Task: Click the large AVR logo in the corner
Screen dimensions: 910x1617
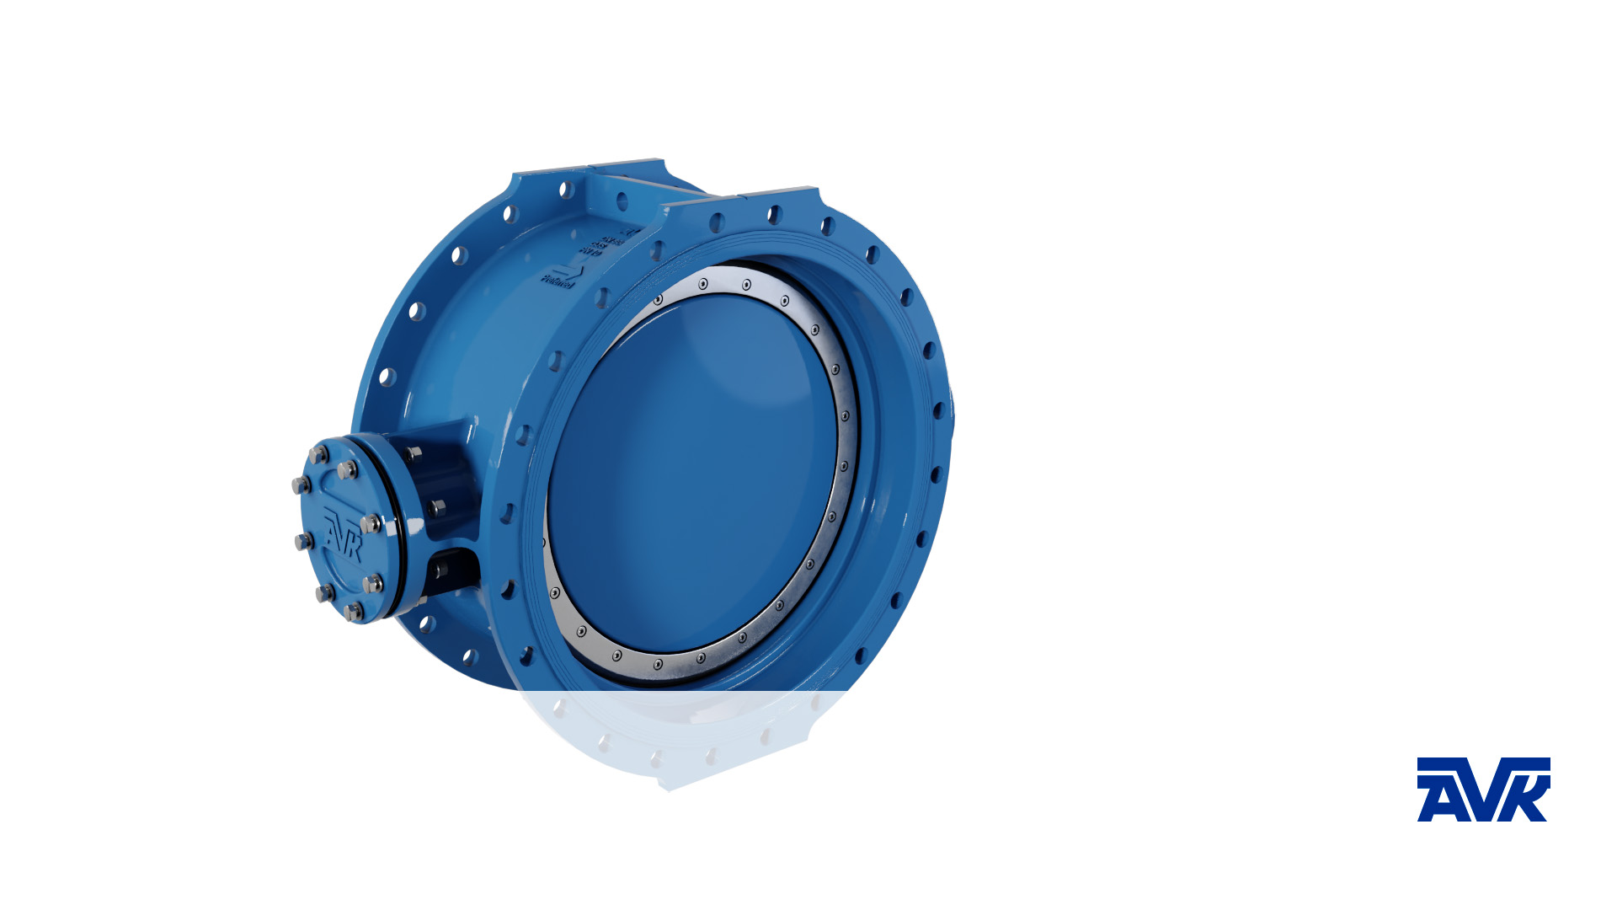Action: [x=1483, y=790]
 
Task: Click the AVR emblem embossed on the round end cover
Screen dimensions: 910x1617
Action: [x=343, y=534]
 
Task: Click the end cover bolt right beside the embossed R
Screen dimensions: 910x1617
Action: [x=371, y=524]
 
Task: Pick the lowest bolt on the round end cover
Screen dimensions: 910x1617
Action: [x=354, y=611]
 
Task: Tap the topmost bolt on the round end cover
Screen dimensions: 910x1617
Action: [x=318, y=455]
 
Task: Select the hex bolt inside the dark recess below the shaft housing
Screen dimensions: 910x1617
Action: [x=439, y=570]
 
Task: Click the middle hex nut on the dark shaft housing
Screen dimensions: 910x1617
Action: [x=437, y=507]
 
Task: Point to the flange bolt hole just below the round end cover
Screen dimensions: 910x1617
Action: [x=427, y=624]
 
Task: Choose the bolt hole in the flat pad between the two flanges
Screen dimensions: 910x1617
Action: [x=622, y=201]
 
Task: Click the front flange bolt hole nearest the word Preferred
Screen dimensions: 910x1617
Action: [x=603, y=297]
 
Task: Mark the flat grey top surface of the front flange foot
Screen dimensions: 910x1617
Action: [x=779, y=192]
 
